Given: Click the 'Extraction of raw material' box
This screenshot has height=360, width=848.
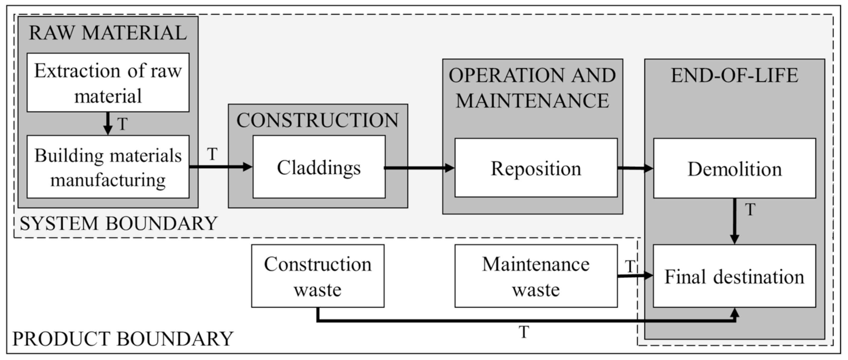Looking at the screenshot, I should point(108,83).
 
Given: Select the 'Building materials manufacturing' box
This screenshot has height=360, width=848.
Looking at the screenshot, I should point(108,167).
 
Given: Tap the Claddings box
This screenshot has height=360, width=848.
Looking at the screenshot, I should point(319,167).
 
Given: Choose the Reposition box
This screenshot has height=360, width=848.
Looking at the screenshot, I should point(536,168).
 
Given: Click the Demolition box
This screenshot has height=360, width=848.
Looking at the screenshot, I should point(734,168).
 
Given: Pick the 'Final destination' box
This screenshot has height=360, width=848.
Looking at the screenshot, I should point(734,276).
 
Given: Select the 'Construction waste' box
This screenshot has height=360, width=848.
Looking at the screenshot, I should point(318,276).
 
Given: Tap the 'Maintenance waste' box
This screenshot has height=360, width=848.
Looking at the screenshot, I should point(536,276).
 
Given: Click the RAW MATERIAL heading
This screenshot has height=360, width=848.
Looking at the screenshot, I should point(108,33).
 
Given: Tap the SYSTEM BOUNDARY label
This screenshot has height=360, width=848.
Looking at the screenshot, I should point(119,224).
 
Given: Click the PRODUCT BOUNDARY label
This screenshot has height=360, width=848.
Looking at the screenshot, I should point(123,339).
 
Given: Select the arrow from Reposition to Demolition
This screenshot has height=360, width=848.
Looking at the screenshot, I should point(635,168).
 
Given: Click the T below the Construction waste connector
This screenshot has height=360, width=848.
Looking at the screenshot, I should point(524,332).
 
